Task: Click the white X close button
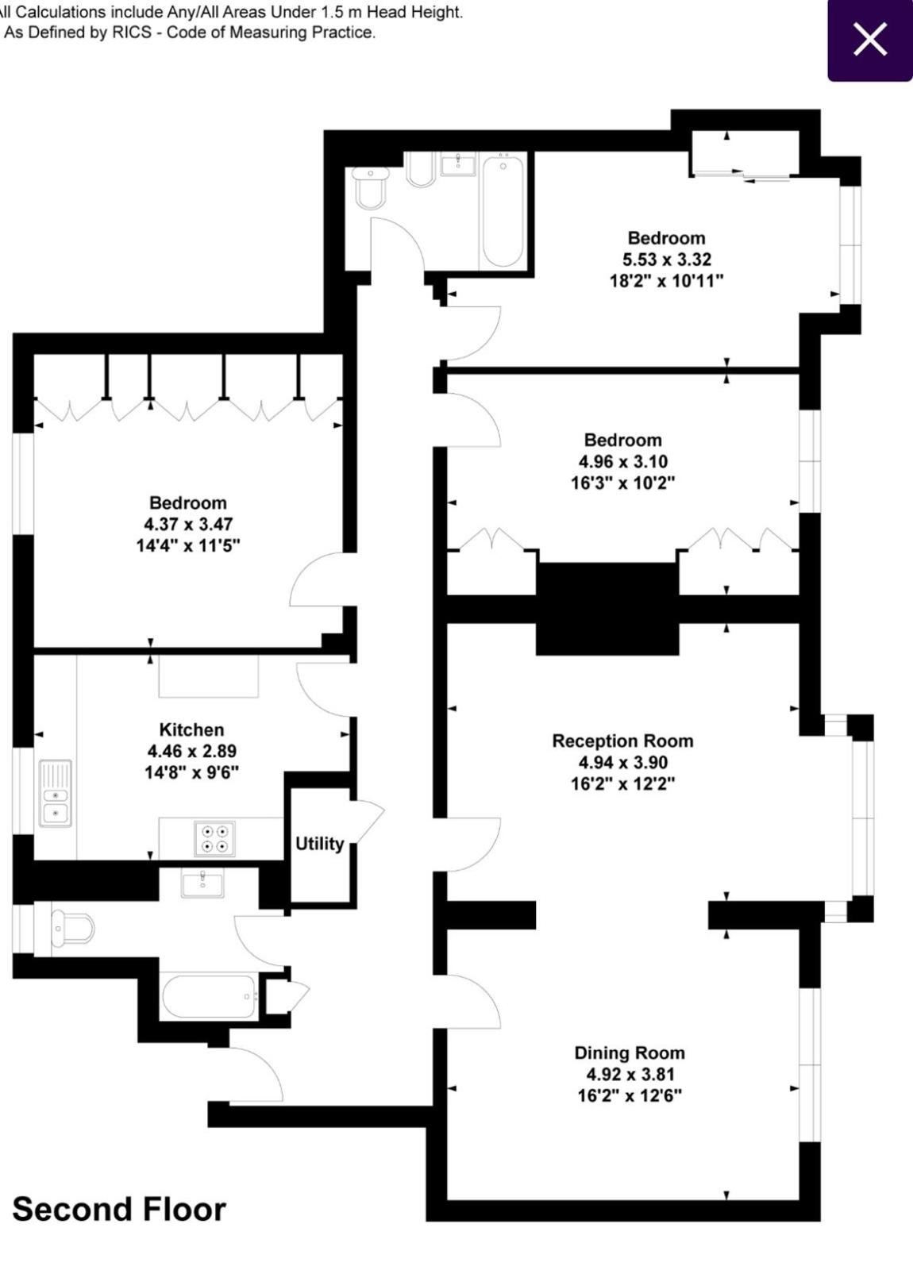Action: [x=870, y=39]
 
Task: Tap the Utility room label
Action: [x=320, y=844]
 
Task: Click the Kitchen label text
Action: [x=191, y=729]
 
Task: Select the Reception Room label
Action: [x=622, y=741]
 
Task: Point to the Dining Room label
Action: [x=630, y=1053]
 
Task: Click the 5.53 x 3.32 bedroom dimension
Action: [x=667, y=259]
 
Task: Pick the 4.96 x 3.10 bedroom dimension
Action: [x=623, y=461]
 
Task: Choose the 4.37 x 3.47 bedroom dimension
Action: [x=188, y=524]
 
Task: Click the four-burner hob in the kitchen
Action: [x=214, y=838]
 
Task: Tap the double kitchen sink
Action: [x=55, y=793]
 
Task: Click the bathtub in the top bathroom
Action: [x=503, y=211]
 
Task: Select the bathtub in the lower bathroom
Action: [x=209, y=996]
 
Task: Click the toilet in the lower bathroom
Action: [x=72, y=928]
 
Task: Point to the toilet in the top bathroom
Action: [x=370, y=187]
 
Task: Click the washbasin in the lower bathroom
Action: [x=202, y=883]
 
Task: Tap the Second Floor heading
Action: [x=119, y=1209]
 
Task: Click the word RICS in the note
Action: [x=132, y=33]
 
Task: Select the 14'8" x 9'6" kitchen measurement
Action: [x=191, y=772]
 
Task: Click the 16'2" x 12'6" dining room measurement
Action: [x=630, y=1095]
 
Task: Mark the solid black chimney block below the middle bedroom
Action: [x=607, y=608]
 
